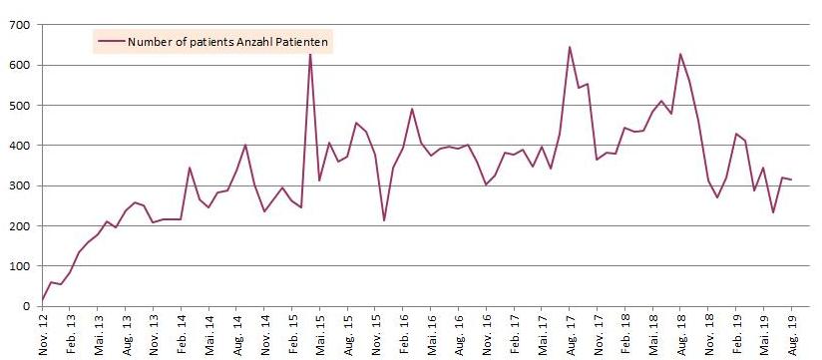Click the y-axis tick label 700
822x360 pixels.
pos(20,24)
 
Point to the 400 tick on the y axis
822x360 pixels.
pos(20,145)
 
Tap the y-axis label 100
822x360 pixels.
pos(20,265)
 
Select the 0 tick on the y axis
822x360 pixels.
pos(27,306)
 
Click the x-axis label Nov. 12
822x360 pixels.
pos(43,334)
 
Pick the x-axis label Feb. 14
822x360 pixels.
pos(182,334)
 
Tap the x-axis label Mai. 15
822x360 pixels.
pos(320,334)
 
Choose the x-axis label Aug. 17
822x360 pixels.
pos(570,334)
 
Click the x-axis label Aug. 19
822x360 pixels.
pos(792,334)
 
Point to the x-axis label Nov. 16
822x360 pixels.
pos(487,334)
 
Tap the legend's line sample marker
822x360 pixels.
pos(111,42)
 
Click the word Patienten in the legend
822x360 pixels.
pos(303,42)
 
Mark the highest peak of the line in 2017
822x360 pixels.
pos(570,47)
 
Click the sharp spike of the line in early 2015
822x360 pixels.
pos(310,54)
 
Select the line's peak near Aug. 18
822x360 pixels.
pos(680,54)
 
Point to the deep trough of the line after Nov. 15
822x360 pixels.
pos(385,220)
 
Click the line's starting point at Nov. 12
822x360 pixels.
pos(42,300)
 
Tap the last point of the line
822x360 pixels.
pos(792,180)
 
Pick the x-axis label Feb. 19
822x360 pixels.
pos(736,334)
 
